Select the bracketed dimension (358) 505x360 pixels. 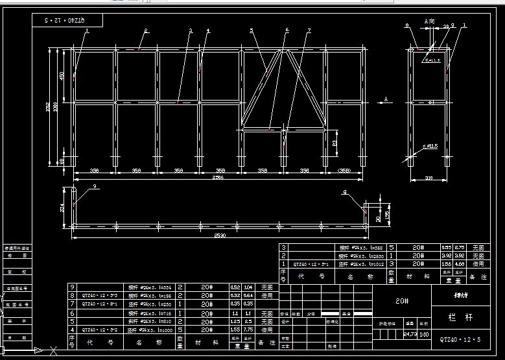(346, 171)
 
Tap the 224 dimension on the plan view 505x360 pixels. (62, 208)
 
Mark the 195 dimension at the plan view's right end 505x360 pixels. (387, 214)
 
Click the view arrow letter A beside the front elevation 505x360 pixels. (386, 99)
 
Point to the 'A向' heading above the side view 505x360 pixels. (429, 21)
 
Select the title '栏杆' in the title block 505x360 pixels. (456, 318)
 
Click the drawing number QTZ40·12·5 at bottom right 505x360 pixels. (460, 339)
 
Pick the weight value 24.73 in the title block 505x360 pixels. (410, 334)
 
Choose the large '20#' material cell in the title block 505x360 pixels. (402, 301)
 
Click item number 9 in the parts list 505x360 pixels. (73, 287)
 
